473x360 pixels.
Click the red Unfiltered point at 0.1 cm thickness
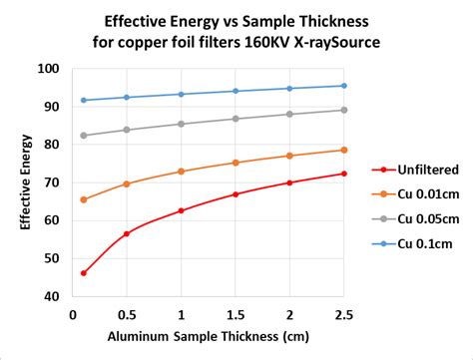coord(83,273)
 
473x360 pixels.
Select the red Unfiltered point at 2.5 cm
coord(343,174)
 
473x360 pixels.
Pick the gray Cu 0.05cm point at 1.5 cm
coord(236,119)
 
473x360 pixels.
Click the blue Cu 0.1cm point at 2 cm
coord(289,88)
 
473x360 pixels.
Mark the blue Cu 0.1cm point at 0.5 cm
coord(127,97)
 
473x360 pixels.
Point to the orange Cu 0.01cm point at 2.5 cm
coord(343,150)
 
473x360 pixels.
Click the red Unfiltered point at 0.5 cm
coord(127,234)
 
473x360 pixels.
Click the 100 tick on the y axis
coord(48,69)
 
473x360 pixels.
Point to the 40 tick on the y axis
coord(51,296)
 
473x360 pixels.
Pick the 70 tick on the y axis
coord(51,182)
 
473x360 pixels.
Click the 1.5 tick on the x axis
coord(235,314)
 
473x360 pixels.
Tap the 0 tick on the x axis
coord(73,314)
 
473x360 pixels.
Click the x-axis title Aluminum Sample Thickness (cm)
coord(208,337)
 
